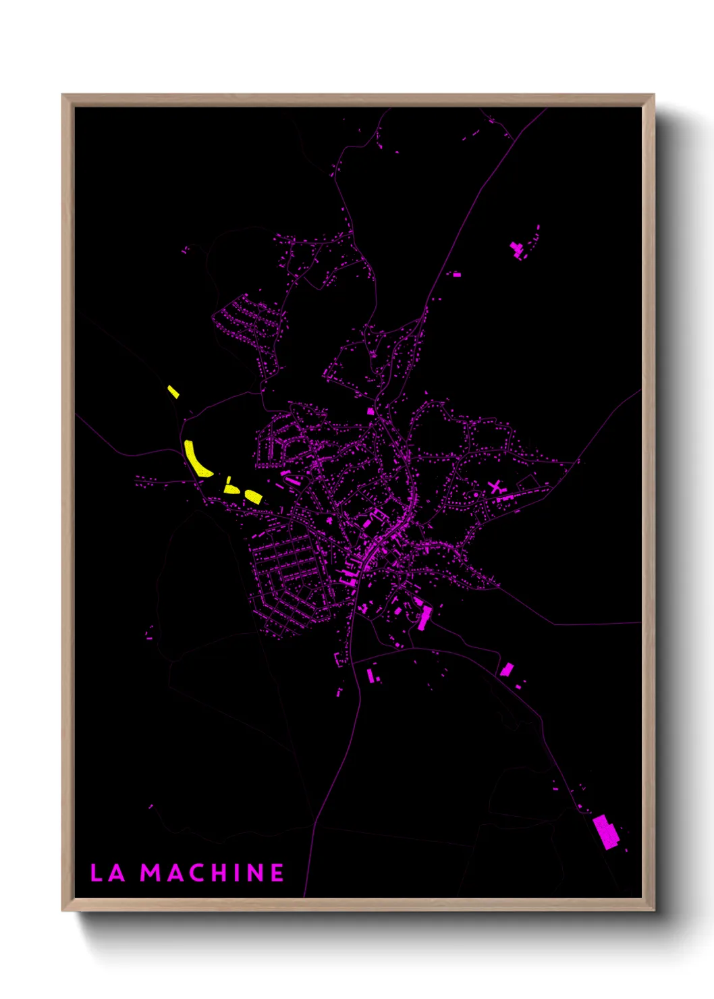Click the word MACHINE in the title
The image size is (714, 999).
click(212, 873)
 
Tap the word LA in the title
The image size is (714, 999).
click(108, 873)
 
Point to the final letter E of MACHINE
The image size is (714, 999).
click(277, 873)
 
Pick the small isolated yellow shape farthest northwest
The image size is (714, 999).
click(173, 391)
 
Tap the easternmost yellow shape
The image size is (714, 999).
click(253, 496)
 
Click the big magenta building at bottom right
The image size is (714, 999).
click(606, 832)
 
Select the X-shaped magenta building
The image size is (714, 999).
click(496, 487)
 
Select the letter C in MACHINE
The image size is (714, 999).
click(194, 873)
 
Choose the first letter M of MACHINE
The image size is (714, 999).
click(150, 873)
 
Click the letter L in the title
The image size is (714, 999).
click(96, 873)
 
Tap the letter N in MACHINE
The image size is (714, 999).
click(256, 873)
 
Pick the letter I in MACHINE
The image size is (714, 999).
click(237, 873)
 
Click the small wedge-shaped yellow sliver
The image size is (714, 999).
click(229, 480)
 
